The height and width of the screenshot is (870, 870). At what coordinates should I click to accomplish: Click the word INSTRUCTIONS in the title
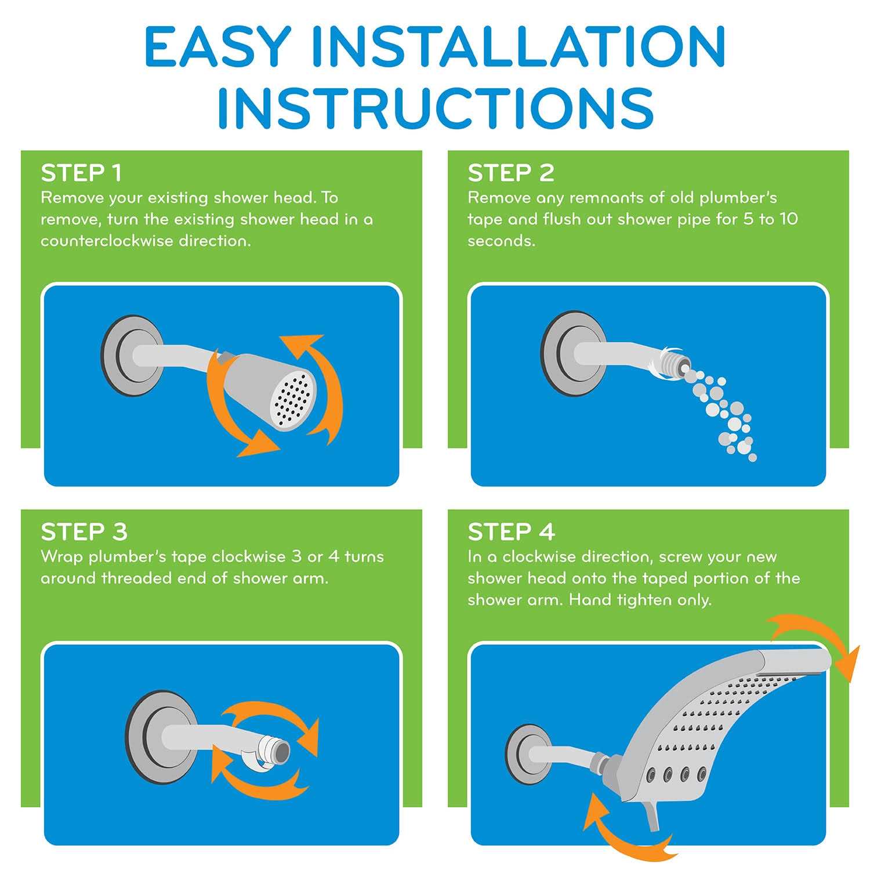pyautogui.click(x=436, y=108)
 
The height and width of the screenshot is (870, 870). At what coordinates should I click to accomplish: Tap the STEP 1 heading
pyautogui.click(x=81, y=173)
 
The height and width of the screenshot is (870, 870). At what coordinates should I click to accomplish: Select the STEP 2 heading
pyautogui.click(x=511, y=173)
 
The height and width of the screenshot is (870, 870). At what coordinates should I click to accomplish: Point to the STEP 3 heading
pyautogui.click(x=84, y=532)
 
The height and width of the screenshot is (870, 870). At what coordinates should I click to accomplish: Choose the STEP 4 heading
pyautogui.click(x=512, y=532)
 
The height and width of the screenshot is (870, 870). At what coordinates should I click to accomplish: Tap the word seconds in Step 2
pyautogui.click(x=501, y=241)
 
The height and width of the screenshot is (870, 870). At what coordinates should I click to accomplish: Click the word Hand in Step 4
pyautogui.click(x=587, y=600)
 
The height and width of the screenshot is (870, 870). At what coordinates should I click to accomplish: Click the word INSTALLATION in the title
pyautogui.click(x=514, y=46)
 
